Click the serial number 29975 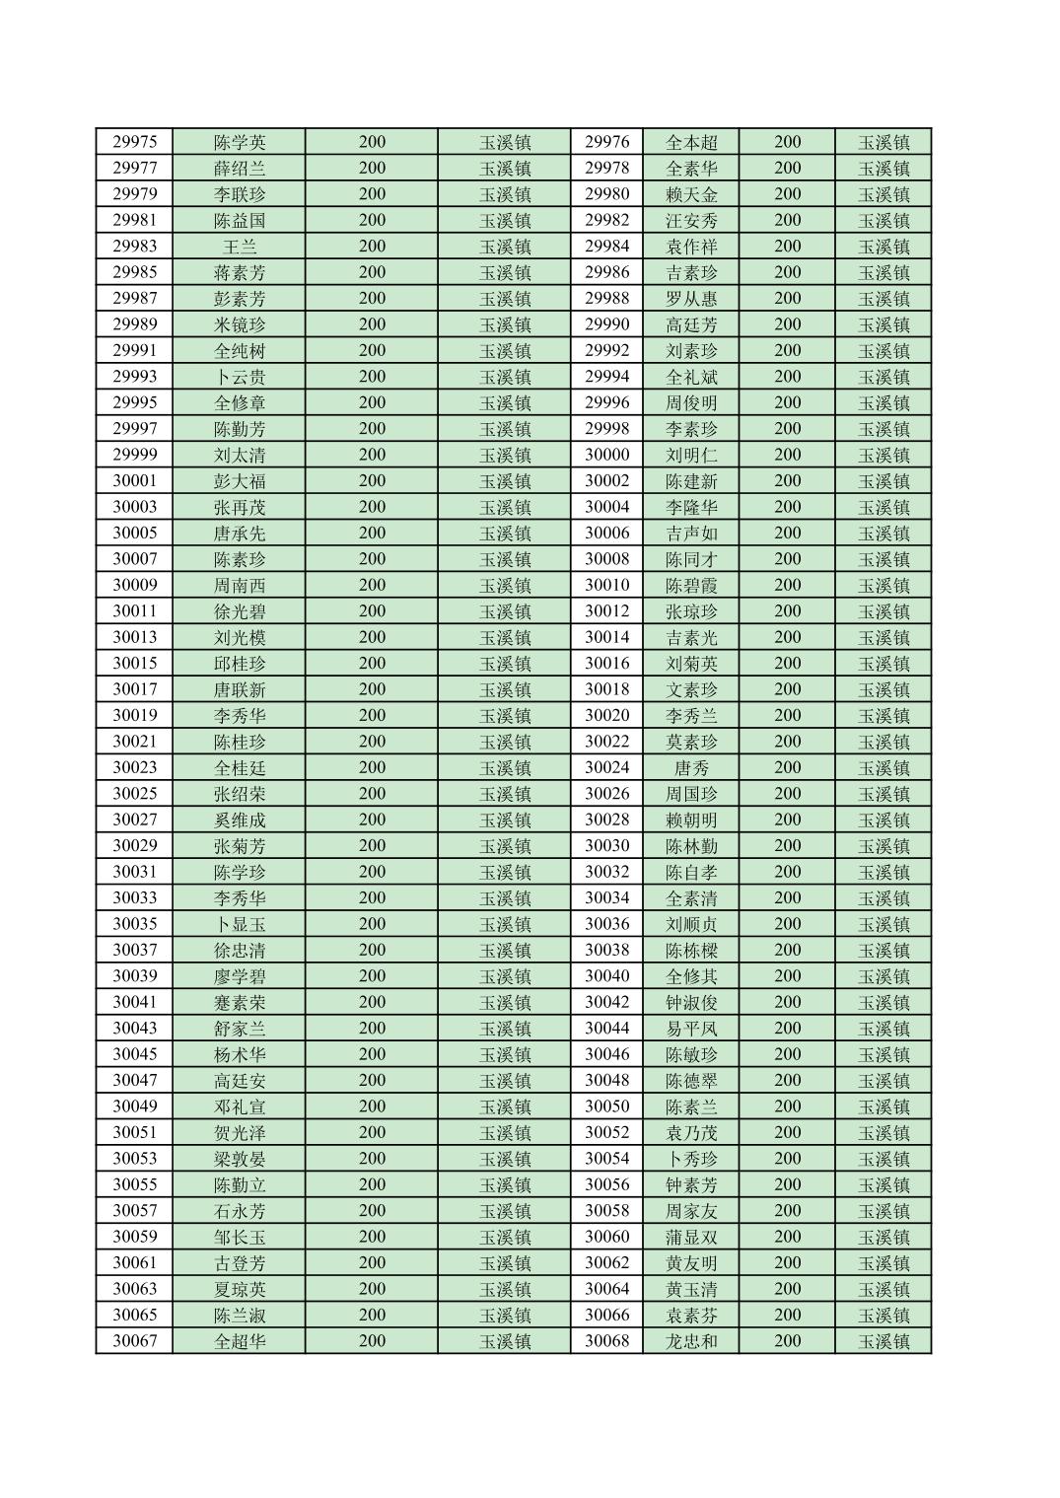click(x=134, y=142)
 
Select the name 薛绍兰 click(x=240, y=169)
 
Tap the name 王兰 click(x=240, y=247)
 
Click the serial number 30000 click(x=606, y=455)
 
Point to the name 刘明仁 click(x=691, y=456)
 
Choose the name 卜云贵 click(x=240, y=377)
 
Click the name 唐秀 click(x=691, y=768)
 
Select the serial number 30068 click(x=606, y=1341)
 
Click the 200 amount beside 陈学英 click(x=372, y=142)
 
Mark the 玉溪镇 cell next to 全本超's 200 click(x=883, y=142)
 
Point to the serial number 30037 click(x=134, y=950)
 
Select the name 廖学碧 click(x=240, y=976)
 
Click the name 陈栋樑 click(x=691, y=951)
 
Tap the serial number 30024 click(x=606, y=767)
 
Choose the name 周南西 click(x=240, y=586)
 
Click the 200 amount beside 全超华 click(x=372, y=1341)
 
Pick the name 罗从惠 click(x=691, y=299)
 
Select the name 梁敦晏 click(x=240, y=1159)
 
